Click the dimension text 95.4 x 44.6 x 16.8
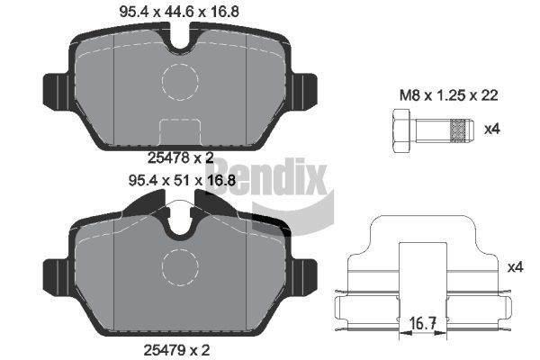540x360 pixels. [179, 12]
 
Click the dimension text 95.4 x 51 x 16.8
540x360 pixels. [182, 180]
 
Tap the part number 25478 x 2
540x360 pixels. [181, 157]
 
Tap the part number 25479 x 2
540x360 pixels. [176, 350]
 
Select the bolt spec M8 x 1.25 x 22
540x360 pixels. [449, 95]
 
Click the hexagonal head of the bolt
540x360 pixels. [400, 130]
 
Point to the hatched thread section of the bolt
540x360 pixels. [459, 130]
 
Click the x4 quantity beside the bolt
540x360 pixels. [492, 130]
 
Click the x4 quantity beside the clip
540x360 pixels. [516, 267]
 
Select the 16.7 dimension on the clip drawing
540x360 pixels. [423, 324]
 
